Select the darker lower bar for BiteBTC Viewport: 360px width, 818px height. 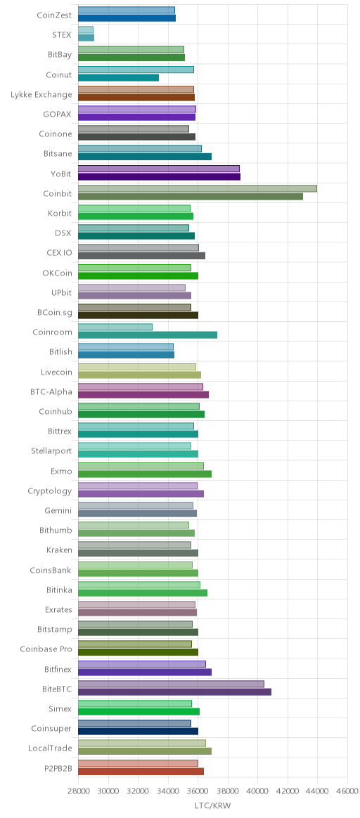tap(175, 692)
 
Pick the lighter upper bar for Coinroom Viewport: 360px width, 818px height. tap(115, 327)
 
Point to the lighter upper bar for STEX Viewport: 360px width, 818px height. tap(86, 30)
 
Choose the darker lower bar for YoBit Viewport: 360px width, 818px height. tap(159, 176)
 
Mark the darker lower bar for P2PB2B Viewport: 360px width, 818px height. tap(141, 771)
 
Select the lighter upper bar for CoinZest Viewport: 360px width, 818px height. tap(127, 10)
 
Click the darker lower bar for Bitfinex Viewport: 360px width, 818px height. tap(145, 672)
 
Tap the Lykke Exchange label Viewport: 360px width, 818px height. tap(41, 94)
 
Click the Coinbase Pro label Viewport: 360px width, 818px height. tap(46, 649)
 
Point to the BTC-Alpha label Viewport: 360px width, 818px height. tap(51, 391)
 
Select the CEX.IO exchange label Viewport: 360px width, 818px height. tap(59, 252)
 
